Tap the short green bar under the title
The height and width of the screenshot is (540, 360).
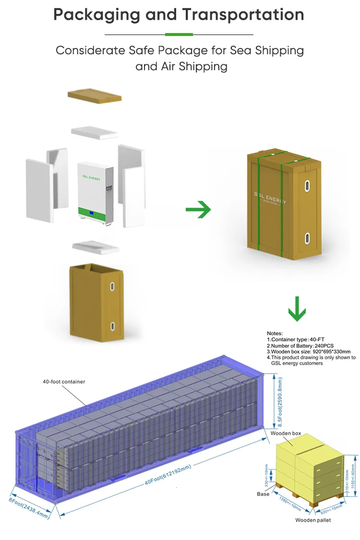click(x=179, y=35)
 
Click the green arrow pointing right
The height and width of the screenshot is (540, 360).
click(x=198, y=210)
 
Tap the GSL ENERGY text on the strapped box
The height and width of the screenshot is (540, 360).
click(x=270, y=198)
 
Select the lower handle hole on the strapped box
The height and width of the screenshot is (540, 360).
click(x=307, y=237)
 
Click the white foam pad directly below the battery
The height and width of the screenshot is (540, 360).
click(x=96, y=247)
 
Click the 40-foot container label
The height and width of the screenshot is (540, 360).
click(x=64, y=382)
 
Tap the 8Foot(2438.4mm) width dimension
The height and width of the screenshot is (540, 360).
click(x=29, y=507)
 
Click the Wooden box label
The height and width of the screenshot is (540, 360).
click(x=286, y=434)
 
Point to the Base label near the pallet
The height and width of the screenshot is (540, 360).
click(x=263, y=493)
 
